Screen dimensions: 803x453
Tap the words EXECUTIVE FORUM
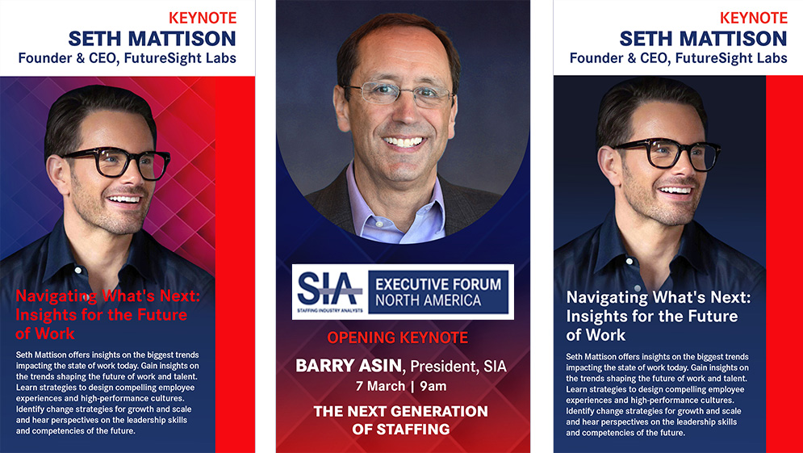click(x=438, y=284)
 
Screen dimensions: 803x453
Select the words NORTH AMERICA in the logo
click(x=428, y=300)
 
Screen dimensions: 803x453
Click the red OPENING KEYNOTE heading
click(x=397, y=338)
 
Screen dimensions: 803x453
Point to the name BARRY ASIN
click(x=349, y=366)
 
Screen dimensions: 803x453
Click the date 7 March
click(x=380, y=386)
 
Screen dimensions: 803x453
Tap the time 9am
click(x=433, y=386)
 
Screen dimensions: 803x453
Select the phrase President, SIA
click(x=458, y=367)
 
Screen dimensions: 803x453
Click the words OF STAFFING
click(x=401, y=430)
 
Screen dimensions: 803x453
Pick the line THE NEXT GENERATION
click(x=401, y=412)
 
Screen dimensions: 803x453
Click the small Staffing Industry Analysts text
click(x=330, y=311)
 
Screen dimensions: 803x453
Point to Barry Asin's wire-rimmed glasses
click(x=398, y=94)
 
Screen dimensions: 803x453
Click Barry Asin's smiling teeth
click(x=404, y=141)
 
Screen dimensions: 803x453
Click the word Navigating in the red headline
click(x=56, y=296)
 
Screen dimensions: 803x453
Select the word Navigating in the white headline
click(x=607, y=298)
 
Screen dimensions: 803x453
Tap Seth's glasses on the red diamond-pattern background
click(x=117, y=162)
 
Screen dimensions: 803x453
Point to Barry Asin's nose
click(x=402, y=115)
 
